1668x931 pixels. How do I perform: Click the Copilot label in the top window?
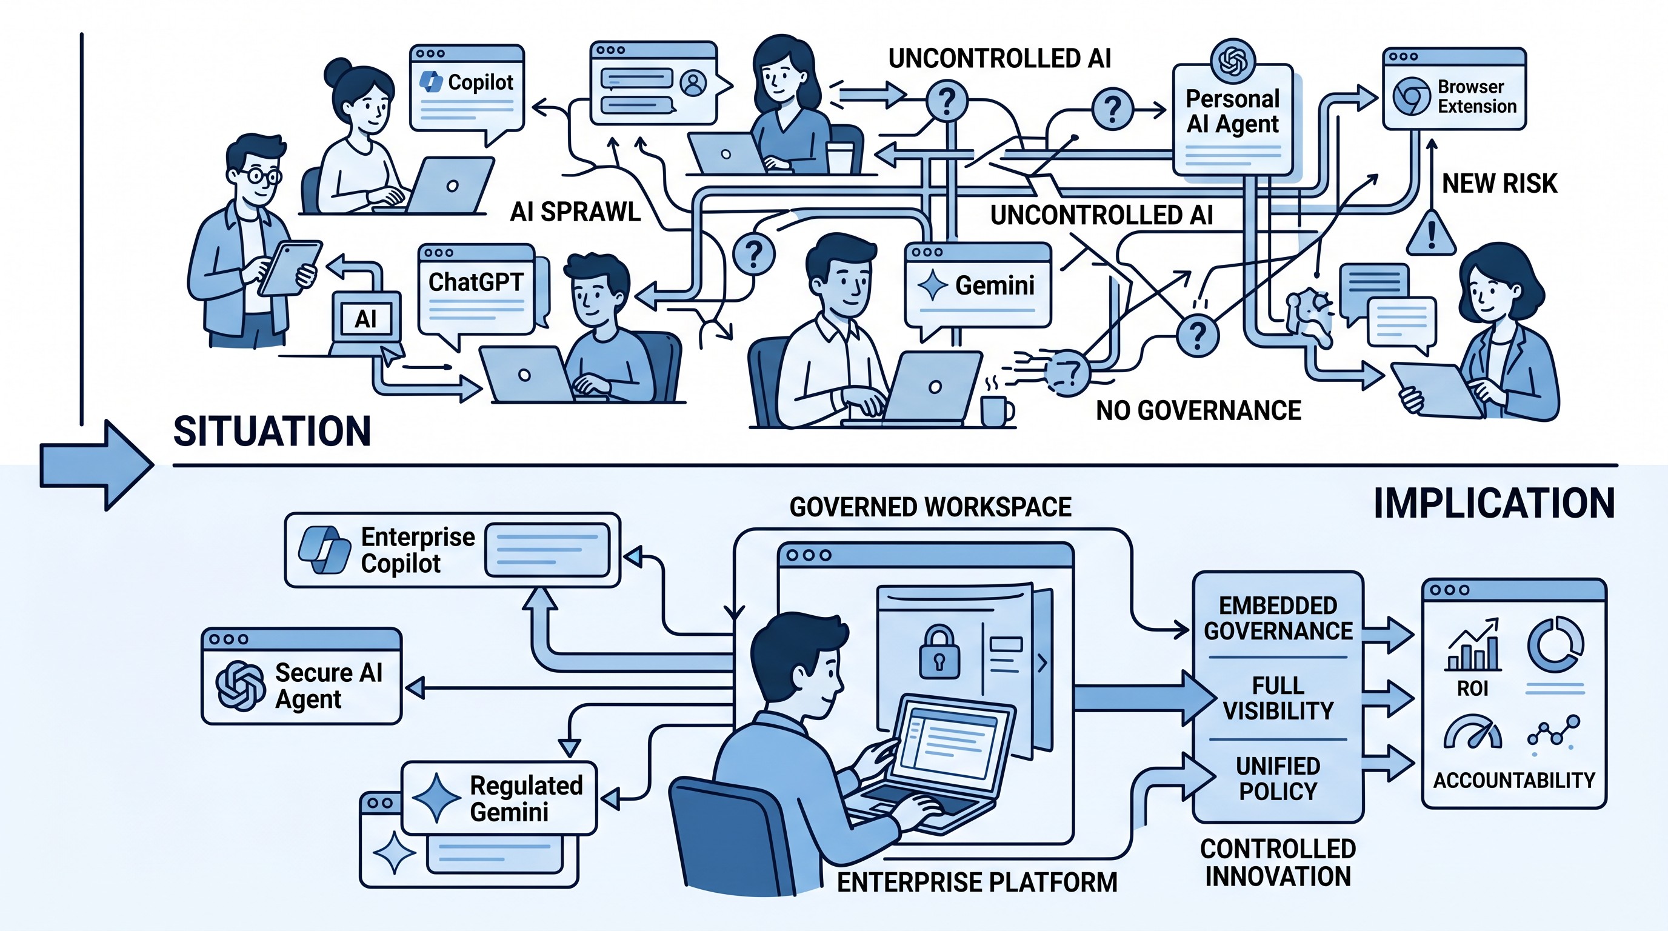point(480,82)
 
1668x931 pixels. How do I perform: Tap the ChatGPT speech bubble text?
point(475,282)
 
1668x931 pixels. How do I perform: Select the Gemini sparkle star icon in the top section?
point(933,285)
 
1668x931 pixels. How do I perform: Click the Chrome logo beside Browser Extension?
point(1411,96)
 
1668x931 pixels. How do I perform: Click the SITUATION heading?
point(272,431)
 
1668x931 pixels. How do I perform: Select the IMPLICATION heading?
point(1494,503)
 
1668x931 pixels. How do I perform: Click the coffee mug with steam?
point(996,409)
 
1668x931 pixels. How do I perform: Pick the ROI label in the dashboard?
point(1472,688)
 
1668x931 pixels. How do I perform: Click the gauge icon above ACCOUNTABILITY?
point(1472,733)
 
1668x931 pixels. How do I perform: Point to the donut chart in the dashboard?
point(1555,644)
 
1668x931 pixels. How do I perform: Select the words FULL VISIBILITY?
point(1278,698)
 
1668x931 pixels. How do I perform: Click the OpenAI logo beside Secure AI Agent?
point(240,686)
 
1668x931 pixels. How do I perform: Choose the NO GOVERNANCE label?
point(1198,410)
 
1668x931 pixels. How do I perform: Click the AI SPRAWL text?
point(575,212)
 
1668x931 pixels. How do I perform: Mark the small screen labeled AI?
point(366,319)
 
